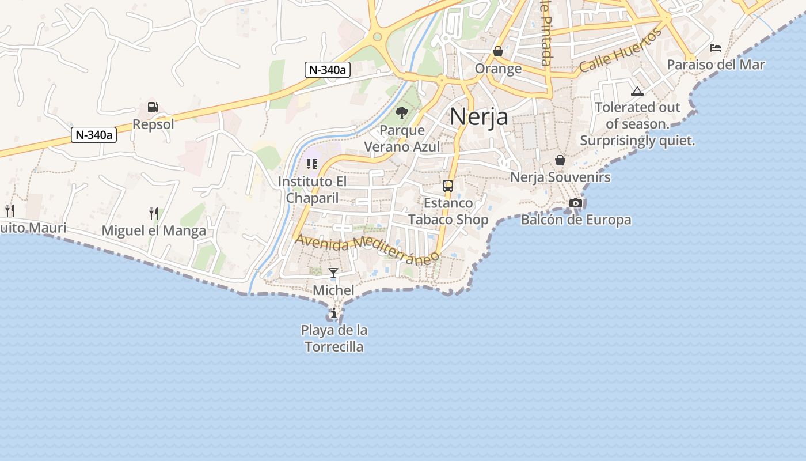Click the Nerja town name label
(478, 117)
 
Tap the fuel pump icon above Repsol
(153, 107)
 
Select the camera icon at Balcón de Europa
(575, 203)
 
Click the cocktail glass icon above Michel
(333, 273)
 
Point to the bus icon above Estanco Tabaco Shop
(448, 186)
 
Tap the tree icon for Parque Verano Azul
(402, 113)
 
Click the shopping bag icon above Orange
(498, 52)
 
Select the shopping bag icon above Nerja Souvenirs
(560, 160)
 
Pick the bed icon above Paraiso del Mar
(716, 47)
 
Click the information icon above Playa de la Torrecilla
(334, 313)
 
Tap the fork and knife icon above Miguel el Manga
(154, 214)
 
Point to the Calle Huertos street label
(621, 51)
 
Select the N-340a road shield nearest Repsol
(94, 135)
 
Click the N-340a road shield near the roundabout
(327, 70)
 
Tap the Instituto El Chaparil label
(313, 190)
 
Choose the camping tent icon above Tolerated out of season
(637, 91)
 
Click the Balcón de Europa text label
(576, 220)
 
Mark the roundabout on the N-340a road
(377, 37)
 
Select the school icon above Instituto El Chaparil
(312, 165)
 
